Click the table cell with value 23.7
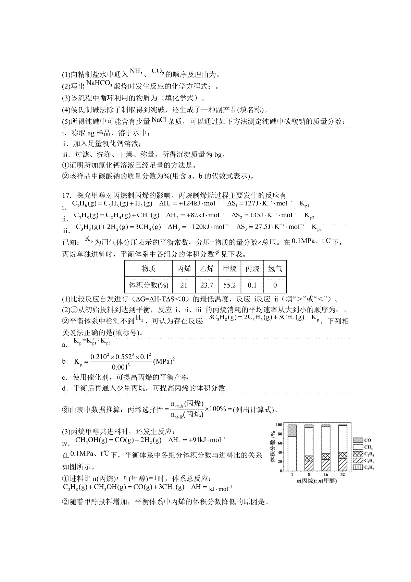pyautogui.click(x=207, y=285)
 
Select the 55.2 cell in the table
pyautogui.click(x=229, y=285)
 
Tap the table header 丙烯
pyautogui.click(x=184, y=269)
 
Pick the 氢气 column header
pyautogui.click(x=275, y=269)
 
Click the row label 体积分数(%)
pyautogui.click(x=148, y=285)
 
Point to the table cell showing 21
pyautogui.click(x=184, y=285)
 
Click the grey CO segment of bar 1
pyautogui.click(x=292, y=431)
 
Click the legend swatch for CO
pyautogui.click(x=358, y=440)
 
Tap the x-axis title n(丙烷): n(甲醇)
pyautogui.click(x=317, y=481)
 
